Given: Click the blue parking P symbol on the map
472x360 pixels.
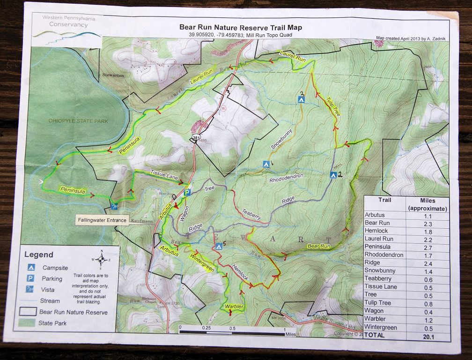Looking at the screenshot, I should (x=187, y=193).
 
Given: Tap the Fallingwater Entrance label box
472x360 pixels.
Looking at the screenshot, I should (x=102, y=220).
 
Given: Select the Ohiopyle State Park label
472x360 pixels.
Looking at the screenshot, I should (x=78, y=121).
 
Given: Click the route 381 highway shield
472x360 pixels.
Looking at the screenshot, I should (x=194, y=137).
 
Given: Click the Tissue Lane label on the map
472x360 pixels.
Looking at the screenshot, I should (x=164, y=176).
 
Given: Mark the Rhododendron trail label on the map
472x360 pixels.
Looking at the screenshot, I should (x=286, y=179).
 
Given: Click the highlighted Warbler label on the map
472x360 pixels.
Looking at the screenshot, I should (x=234, y=307).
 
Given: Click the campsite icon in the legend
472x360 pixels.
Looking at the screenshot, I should (x=31, y=268).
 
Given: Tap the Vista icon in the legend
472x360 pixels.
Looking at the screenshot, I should (x=31, y=289).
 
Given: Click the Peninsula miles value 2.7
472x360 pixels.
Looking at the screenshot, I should (x=428, y=247).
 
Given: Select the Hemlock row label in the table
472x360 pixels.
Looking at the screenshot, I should (x=376, y=231).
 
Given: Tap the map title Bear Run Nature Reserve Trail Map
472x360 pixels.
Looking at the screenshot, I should (x=241, y=27).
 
